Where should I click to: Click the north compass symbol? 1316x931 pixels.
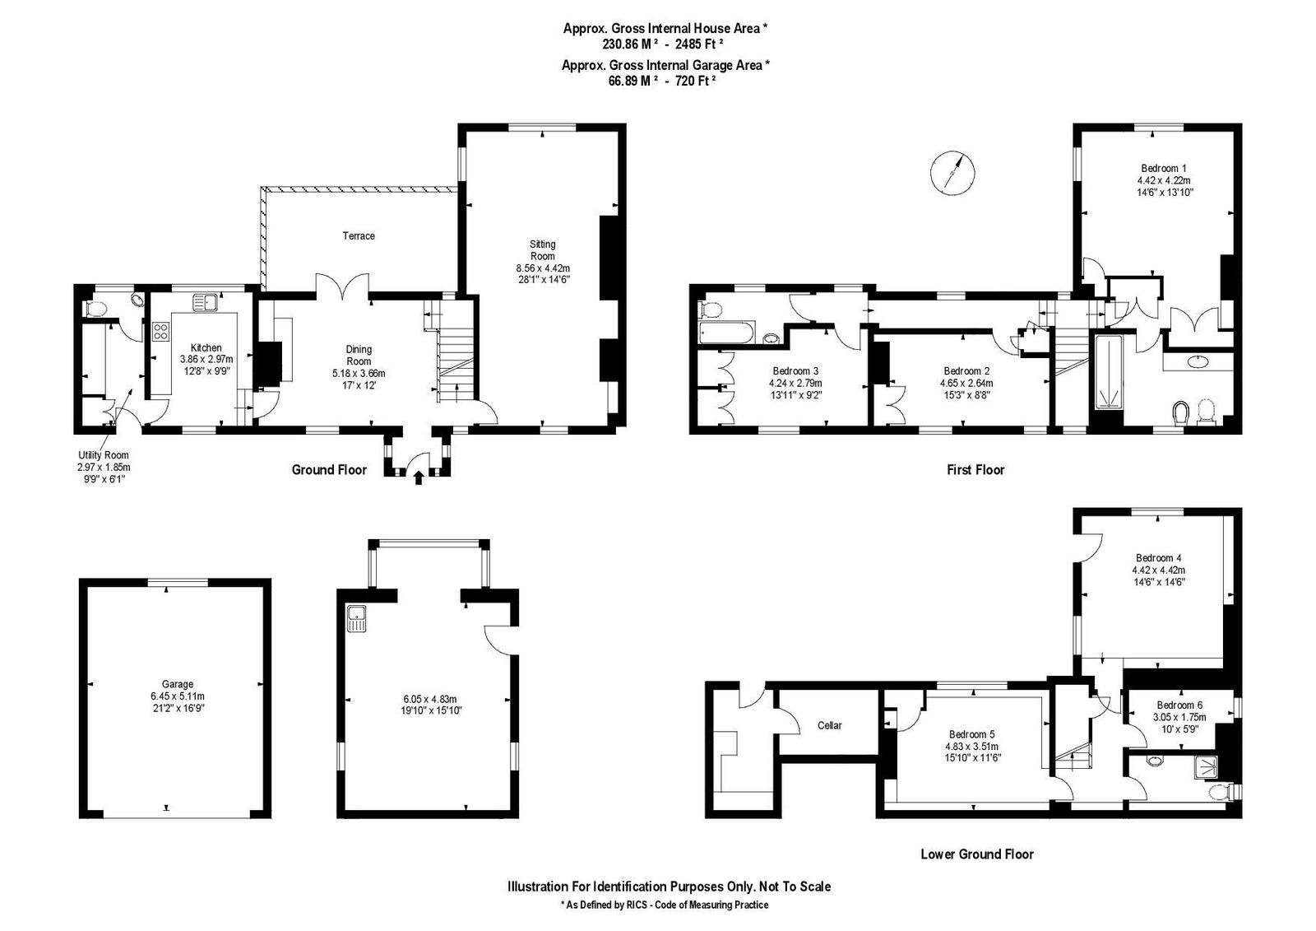953,172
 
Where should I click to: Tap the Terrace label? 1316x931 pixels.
359,236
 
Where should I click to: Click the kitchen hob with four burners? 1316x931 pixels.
161,332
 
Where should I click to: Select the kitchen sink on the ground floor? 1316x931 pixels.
205,303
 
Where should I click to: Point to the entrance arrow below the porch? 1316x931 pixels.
419,477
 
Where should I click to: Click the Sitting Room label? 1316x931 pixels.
542,250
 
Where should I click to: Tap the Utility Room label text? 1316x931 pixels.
104,455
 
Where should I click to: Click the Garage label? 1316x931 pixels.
178,684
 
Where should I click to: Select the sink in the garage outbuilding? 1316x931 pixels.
356,618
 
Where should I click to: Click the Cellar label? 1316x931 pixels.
830,726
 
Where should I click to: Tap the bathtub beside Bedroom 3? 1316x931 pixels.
727,333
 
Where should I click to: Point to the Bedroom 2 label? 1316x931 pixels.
966,371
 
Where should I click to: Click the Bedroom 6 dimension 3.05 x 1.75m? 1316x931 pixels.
1179,717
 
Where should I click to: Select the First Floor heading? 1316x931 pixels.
975,470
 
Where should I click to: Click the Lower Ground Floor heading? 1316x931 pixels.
977,854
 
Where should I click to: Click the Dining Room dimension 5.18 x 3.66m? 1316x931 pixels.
359,374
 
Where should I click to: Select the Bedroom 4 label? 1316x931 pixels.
1159,558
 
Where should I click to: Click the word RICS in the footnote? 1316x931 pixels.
638,905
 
